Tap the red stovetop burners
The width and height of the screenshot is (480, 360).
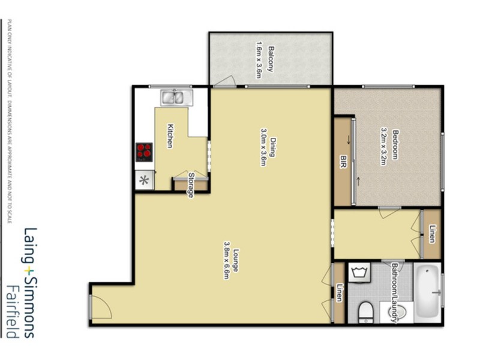pyautogui.click(x=143, y=152)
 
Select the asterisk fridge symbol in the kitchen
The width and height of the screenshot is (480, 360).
pyautogui.click(x=143, y=179)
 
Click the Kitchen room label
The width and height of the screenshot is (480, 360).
pyautogui.click(x=170, y=136)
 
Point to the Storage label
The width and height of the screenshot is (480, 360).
pyautogui.click(x=191, y=185)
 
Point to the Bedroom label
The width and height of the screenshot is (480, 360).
pyautogui.click(x=395, y=144)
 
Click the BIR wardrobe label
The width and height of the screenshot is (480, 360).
pyautogui.click(x=343, y=161)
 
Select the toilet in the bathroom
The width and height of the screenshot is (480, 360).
pyautogui.click(x=367, y=313)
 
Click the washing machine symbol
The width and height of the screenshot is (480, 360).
pyautogui.click(x=361, y=274)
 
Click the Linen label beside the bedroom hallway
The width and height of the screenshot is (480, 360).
pyautogui.click(x=433, y=234)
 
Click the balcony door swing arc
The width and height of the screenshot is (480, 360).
pyautogui.click(x=224, y=81)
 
